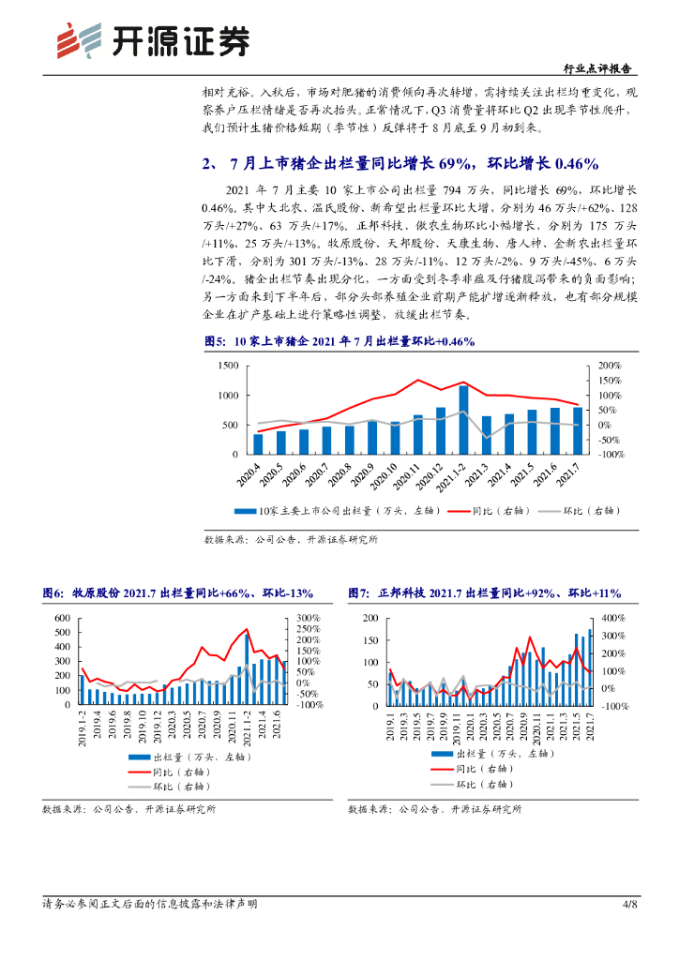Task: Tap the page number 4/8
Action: click(x=629, y=904)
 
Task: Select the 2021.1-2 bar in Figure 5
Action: click(x=463, y=419)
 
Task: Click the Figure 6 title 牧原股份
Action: click(x=94, y=594)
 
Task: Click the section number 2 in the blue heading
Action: click(x=206, y=164)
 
